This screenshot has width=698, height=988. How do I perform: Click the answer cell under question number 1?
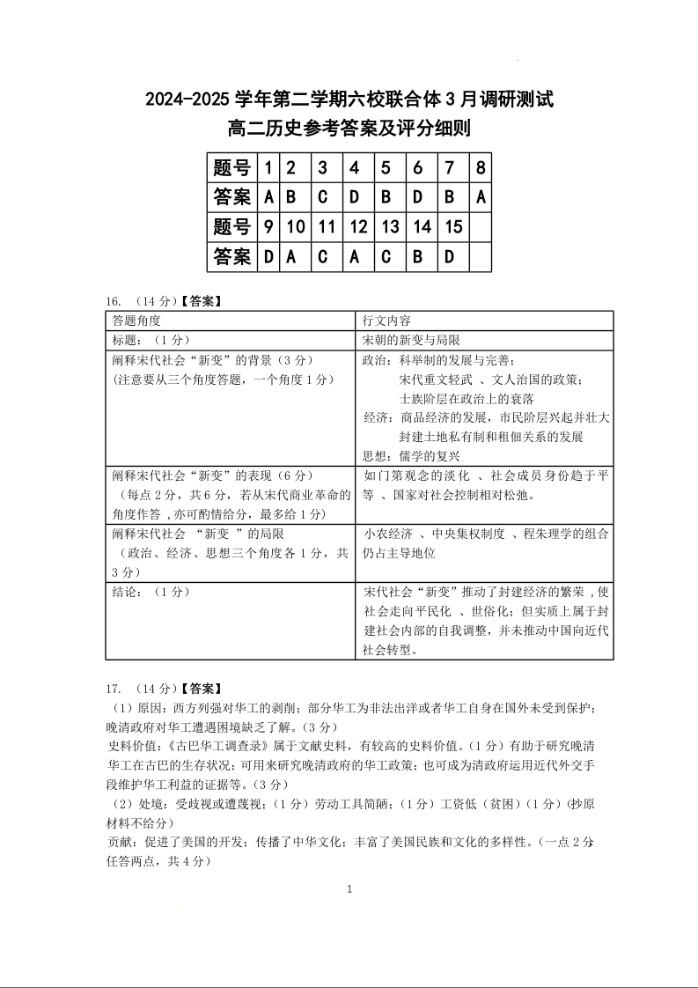269,197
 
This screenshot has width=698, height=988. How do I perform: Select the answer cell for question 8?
481,197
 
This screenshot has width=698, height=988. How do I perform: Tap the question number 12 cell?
358,227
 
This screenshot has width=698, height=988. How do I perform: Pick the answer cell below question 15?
453,256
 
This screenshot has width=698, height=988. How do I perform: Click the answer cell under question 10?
296,256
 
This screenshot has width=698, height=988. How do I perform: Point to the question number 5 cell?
386,167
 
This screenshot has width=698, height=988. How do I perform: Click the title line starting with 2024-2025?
349,99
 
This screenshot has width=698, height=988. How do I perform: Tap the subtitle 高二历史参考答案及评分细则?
349,129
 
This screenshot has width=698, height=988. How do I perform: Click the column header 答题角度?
136,320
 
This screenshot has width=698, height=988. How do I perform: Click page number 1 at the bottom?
349,889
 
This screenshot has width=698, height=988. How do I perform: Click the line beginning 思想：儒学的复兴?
411,455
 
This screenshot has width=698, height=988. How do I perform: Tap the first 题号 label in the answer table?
232,167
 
